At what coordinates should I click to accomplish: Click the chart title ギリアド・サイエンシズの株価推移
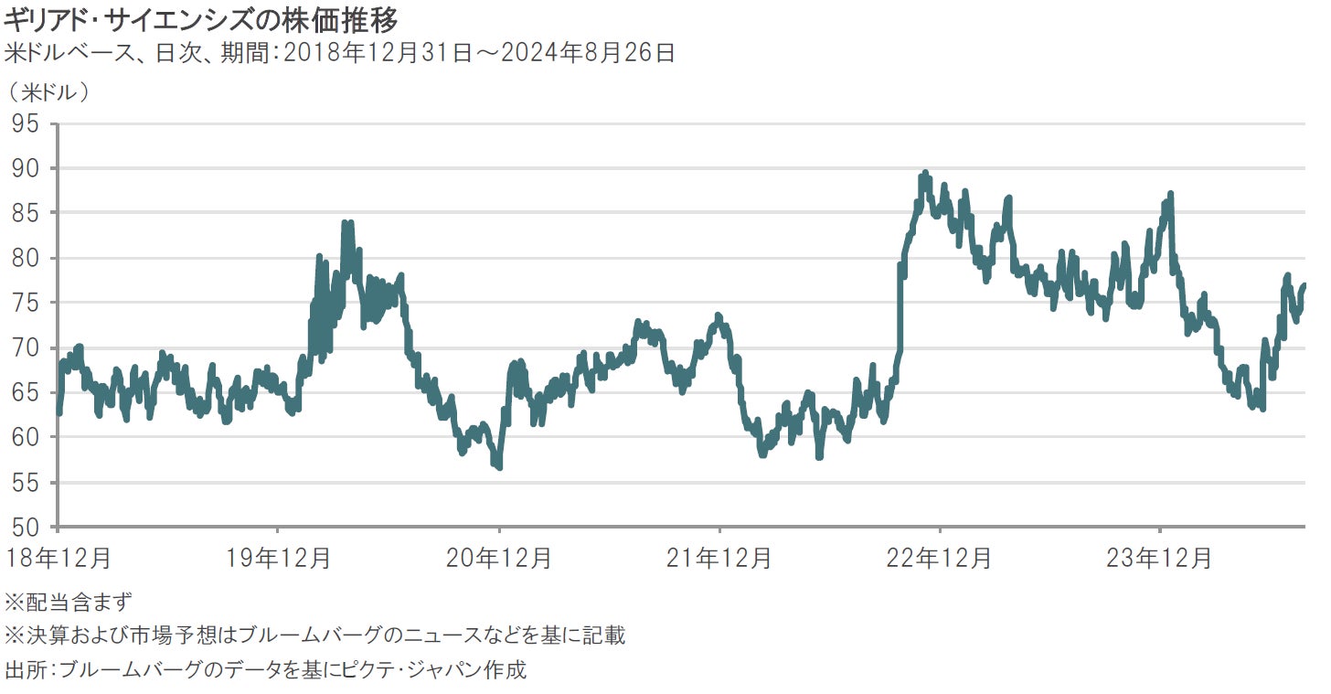pyautogui.click(x=200, y=18)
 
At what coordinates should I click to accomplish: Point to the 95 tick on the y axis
pyautogui.click(x=27, y=123)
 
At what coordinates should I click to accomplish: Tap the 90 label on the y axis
pyautogui.click(x=27, y=168)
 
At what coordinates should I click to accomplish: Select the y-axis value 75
pyautogui.click(x=27, y=303)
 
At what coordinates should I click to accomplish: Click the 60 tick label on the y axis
pyautogui.click(x=27, y=437)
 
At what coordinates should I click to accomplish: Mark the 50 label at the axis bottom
pyautogui.click(x=27, y=528)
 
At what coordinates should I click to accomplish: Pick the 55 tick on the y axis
pyautogui.click(x=27, y=483)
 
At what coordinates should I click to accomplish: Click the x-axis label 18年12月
pyautogui.click(x=58, y=558)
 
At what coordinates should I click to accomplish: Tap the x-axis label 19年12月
pyautogui.click(x=278, y=558)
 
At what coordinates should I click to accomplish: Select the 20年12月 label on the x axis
pyautogui.click(x=499, y=558)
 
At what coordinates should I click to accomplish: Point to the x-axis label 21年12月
pyautogui.click(x=719, y=558)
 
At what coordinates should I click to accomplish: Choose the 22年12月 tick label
pyautogui.click(x=940, y=558)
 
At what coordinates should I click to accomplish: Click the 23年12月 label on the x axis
pyautogui.click(x=1160, y=558)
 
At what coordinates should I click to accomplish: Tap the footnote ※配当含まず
pyautogui.click(x=69, y=603)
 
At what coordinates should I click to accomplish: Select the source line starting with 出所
pyautogui.click(x=266, y=669)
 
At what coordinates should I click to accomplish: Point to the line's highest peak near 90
pyautogui.click(x=925, y=173)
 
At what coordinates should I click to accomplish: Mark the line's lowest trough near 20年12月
pyautogui.click(x=498, y=467)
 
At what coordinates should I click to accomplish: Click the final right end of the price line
pyautogui.click(x=1304, y=285)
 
